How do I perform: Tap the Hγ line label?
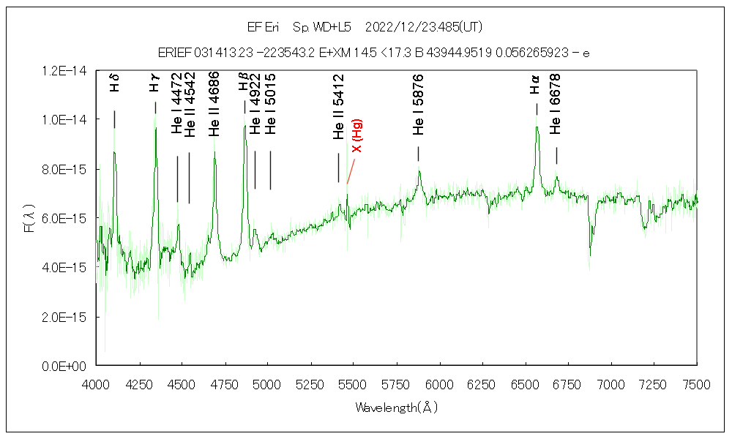tap(154, 86)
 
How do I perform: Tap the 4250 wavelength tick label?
tap(139, 383)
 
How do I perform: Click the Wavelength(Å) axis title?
tap(396, 407)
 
